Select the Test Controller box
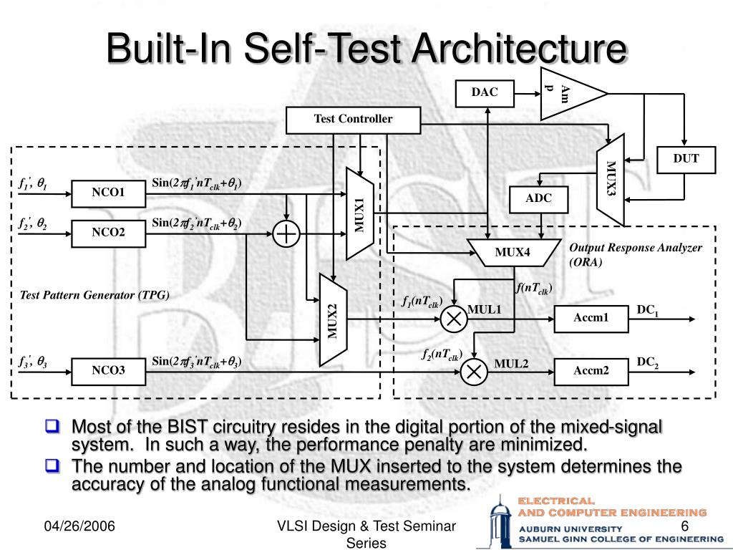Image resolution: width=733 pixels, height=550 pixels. [x=353, y=120]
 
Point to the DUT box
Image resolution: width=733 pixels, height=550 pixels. [x=685, y=159]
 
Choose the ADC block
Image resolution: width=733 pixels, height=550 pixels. [x=538, y=199]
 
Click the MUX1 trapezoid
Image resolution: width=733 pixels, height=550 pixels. [x=359, y=213]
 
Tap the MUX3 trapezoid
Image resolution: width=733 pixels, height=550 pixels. [x=611, y=179]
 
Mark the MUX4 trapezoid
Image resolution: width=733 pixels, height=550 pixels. [x=513, y=252]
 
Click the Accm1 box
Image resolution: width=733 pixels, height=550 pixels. [x=591, y=318]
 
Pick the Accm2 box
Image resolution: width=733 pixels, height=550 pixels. [x=591, y=370]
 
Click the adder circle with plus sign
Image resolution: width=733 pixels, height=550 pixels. [x=286, y=233]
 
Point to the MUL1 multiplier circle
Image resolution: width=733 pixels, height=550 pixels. [x=453, y=318]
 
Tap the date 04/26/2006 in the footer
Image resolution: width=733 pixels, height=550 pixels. [x=79, y=528]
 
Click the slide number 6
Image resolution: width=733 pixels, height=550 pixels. [x=684, y=527]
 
